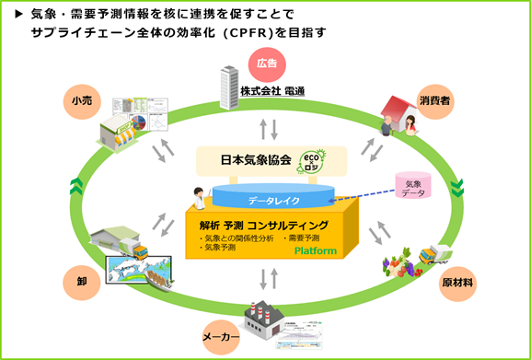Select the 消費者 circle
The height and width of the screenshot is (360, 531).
pyautogui.click(x=457, y=98)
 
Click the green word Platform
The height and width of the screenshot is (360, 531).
pyautogui.click(x=315, y=250)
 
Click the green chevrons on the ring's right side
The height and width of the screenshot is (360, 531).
pyautogui.click(x=457, y=190)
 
